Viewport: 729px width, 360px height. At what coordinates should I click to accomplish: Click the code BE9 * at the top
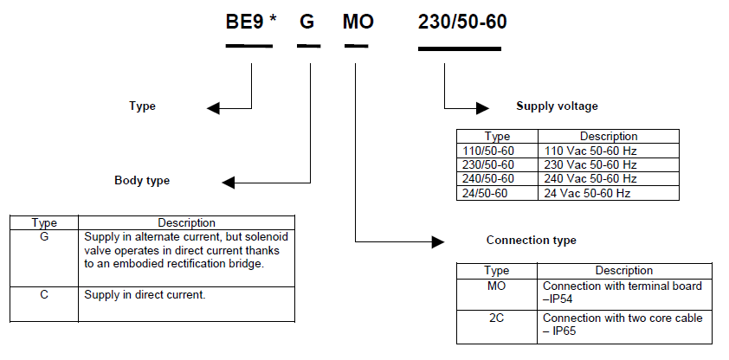point(251,22)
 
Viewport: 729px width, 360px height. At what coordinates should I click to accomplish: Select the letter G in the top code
point(307,22)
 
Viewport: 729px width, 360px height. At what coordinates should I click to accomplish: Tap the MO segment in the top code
point(358,22)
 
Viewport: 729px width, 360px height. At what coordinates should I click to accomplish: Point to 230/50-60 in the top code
point(462,22)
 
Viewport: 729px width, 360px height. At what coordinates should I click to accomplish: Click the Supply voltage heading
point(557,106)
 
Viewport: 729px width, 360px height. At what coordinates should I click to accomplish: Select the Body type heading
point(142,181)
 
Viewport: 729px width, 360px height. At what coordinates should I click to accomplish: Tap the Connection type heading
point(531,240)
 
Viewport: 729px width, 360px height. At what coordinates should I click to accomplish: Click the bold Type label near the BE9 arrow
point(142,106)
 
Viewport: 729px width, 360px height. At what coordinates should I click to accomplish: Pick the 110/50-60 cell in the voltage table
point(488,151)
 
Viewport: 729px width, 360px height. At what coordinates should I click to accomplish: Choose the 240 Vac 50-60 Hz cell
point(590,178)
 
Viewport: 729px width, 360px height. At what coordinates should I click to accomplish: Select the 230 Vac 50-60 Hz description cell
point(590,164)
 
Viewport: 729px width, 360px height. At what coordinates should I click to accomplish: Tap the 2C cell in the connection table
point(496,318)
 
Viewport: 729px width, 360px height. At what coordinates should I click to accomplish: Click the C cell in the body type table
point(44,294)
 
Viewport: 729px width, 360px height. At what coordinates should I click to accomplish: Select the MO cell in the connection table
point(496,285)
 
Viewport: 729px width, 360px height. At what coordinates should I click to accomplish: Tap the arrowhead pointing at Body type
point(228,182)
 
